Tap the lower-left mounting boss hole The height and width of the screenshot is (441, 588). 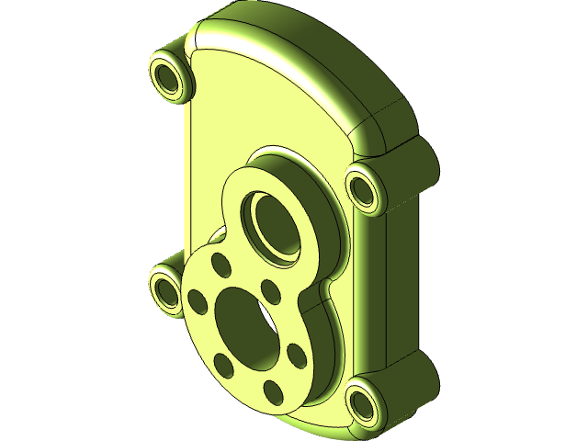click(x=166, y=290)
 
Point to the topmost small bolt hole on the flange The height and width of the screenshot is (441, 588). click(x=220, y=264)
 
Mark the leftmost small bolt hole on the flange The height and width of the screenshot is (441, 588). click(x=196, y=300)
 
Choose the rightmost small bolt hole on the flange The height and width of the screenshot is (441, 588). click(x=295, y=354)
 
